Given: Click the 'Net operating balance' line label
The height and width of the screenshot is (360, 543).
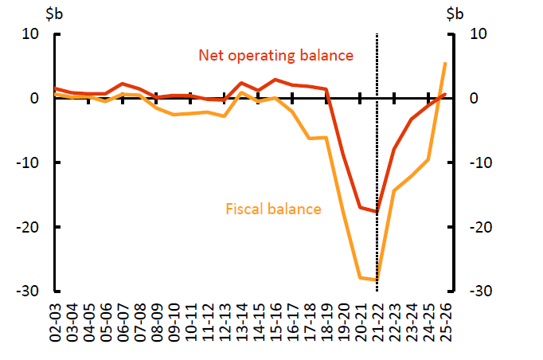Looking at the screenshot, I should point(275,56).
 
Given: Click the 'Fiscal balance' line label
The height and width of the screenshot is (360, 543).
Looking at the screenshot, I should point(274,209).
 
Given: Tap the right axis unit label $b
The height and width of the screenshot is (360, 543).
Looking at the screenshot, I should point(455,14).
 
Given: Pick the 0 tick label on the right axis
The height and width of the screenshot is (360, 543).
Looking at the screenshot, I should point(473,99).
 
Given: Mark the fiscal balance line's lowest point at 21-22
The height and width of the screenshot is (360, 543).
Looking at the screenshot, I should point(377,280).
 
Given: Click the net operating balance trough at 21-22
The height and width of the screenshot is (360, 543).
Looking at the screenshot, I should point(377,212).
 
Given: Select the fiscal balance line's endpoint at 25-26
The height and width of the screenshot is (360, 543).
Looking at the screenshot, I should point(444,63).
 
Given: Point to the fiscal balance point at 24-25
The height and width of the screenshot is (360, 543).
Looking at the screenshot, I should point(428,159).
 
